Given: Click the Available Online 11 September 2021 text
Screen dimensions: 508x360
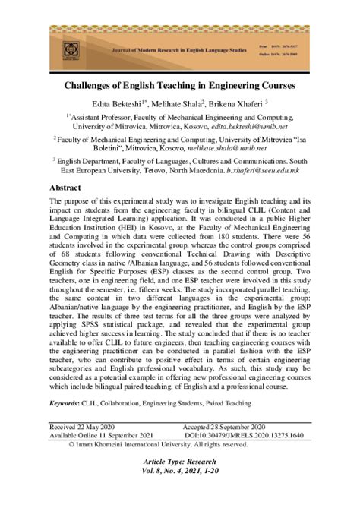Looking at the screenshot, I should tap(102, 436).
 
